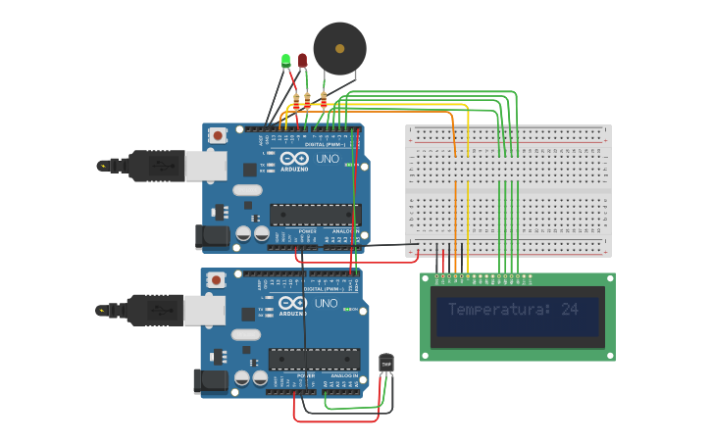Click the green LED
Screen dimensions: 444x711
285,61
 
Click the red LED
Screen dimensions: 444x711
302,61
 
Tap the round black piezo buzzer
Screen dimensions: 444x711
339,48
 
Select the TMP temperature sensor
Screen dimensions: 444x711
386,364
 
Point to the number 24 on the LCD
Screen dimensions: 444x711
570,310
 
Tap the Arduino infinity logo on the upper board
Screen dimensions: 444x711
291,158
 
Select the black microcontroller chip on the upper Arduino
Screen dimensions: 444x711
315,215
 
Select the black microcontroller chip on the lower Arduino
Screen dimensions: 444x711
314,360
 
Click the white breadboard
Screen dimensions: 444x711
508,190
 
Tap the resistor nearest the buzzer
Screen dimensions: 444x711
324,98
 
